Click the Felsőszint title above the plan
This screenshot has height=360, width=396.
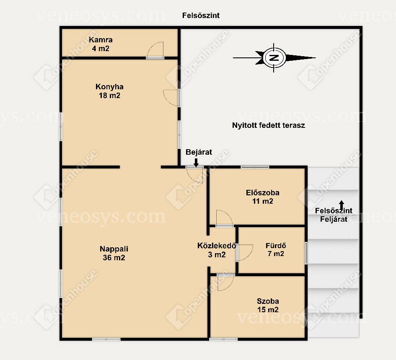[x=201, y=16]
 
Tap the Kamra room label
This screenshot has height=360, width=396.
[x=101, y=40]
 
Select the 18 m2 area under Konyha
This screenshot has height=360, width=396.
[x=109, y=96]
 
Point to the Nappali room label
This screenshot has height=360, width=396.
[x=114, y=249]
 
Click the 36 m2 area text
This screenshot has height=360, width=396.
[x=114, y=258]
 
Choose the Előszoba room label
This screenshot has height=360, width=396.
[x=263, y=193]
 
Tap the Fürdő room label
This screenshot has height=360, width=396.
[x=276, y=246]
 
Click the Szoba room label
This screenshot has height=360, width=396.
[x=268, y=301]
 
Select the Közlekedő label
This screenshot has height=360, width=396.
[x=217, y=246]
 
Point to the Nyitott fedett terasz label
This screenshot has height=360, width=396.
[x=269, y=125]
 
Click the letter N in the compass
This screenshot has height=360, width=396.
[x=274, y=58]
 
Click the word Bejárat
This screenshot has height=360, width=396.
[x=199, y=152]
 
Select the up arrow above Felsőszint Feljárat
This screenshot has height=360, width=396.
[x=342, y=205]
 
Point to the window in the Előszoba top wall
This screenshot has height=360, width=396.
[x=255, y=167]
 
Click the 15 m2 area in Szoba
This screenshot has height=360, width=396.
[x=268, y=310]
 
